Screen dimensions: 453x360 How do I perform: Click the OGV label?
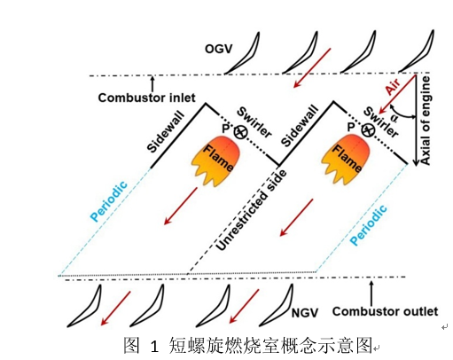[218, 49]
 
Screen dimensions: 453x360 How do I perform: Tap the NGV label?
[305, 313]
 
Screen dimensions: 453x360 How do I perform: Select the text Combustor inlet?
[147, 98]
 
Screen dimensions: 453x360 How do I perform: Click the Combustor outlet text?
[385, 311]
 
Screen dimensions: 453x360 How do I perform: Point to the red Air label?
[394, 87]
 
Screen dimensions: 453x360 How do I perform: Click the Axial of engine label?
[426, 121]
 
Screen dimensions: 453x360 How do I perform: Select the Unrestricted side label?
[251, 210]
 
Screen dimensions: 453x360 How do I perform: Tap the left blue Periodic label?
[109, 201]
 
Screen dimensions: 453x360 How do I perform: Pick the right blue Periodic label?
[368, 225]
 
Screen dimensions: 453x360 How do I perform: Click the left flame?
[216, 160]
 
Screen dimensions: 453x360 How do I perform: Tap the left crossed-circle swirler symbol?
[240, 132]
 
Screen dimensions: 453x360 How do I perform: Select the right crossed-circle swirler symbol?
[368, 129]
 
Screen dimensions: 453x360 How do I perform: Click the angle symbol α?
[394, 118]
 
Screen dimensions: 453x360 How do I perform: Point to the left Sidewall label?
[166, 132]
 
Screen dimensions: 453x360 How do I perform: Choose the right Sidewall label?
[300, 126]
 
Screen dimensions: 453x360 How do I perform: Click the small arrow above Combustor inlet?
[152, 84]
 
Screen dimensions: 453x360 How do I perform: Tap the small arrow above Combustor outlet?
[371, 293]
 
